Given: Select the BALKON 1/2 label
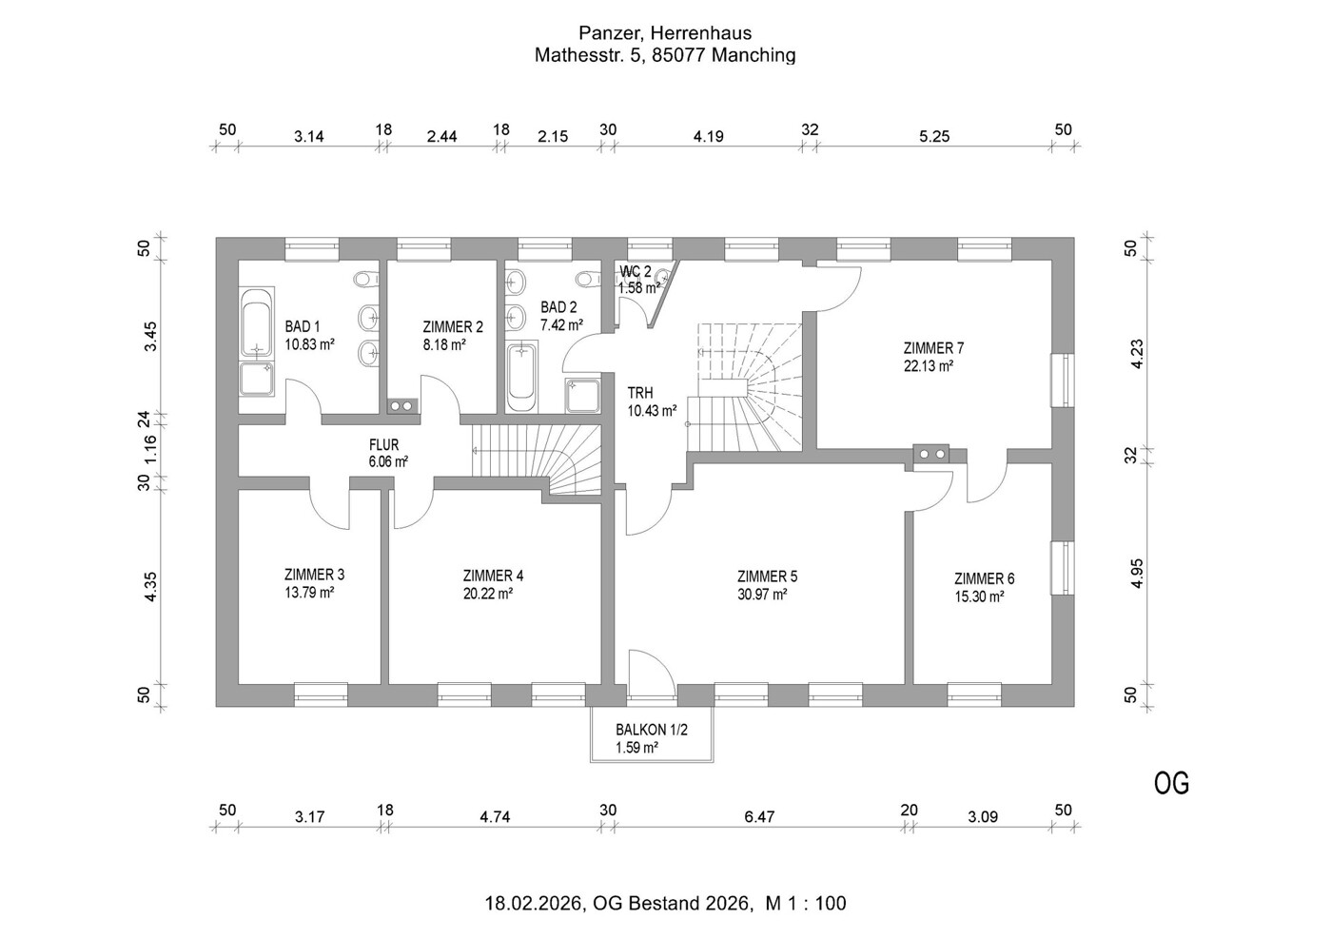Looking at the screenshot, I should tap(651, 730).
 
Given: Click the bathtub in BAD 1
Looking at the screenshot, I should tap(256, 325).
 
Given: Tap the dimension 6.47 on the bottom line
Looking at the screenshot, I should tap(760, 816).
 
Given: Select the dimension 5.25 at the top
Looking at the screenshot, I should tap(934, 136).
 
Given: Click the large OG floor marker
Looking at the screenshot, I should tap(1171, 783).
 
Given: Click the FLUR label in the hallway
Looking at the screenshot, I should tap(383, 444).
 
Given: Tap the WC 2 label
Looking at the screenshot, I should tap(636, 271).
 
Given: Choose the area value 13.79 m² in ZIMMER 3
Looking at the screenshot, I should tap(308, 593).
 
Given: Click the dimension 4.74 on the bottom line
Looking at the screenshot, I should tap(495, 816).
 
